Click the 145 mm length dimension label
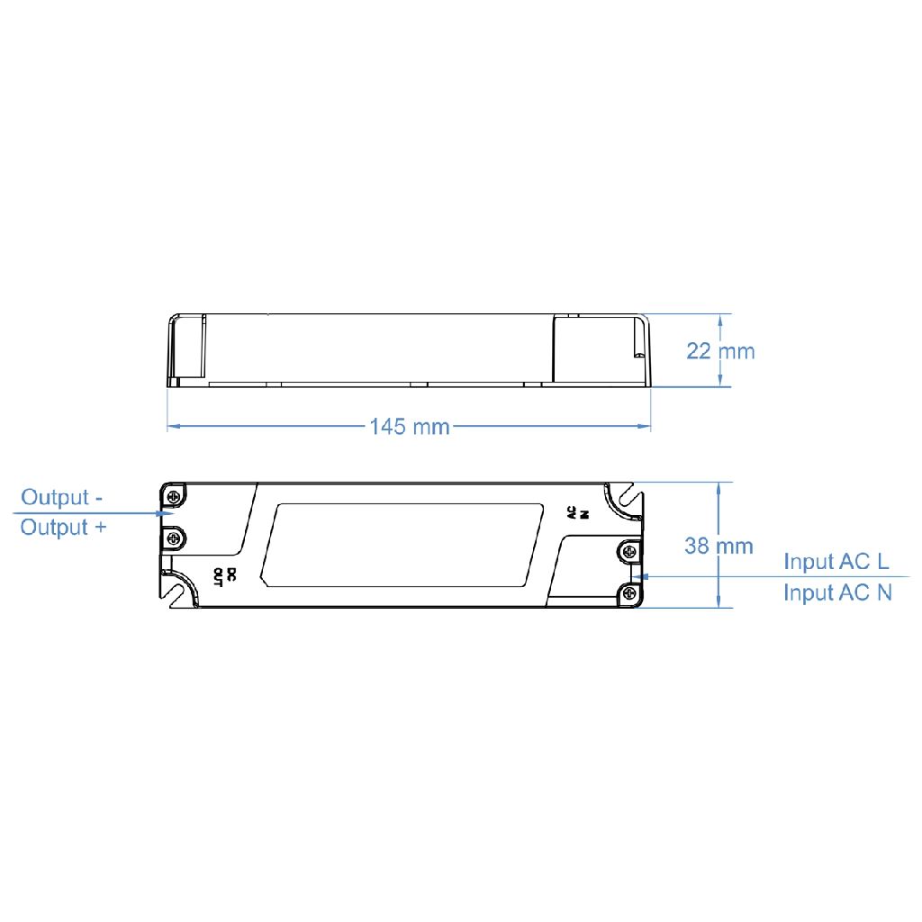click(x=410, y=426)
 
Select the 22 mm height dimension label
click(x=720, y=351)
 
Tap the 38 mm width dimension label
click(x=719, y=546)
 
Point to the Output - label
click(x=62, y=497)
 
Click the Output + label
click(x=64, y=527)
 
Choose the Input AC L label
click(x=836, y=562)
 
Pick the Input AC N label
click(x=838, y=592)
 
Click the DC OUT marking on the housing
click(x=224, y=577)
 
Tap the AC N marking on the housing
click(x=577, y=512)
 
